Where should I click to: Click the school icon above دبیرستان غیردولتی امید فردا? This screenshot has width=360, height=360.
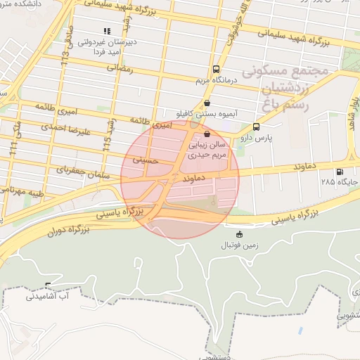107,31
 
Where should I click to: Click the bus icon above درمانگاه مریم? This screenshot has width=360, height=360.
215,70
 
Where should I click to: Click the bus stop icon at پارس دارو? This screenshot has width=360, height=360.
256,127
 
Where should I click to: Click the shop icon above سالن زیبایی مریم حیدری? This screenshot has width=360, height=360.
206,134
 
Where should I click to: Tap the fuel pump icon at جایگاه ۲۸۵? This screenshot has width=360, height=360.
340,172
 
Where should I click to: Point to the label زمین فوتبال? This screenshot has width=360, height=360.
240,245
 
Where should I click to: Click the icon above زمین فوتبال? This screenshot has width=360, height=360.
240,234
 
